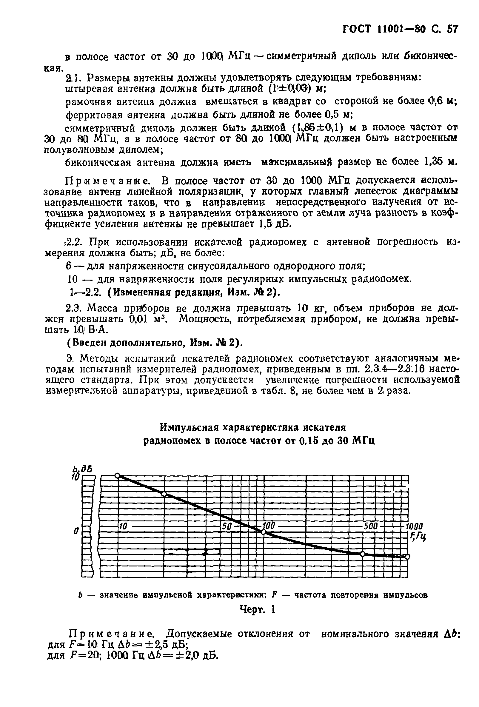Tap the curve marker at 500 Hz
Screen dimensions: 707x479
click(363, 554)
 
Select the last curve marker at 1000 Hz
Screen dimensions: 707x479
click(408, 556)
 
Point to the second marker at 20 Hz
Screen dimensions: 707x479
click(164, 494)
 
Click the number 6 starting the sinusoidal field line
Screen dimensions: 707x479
click(69, 266)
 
